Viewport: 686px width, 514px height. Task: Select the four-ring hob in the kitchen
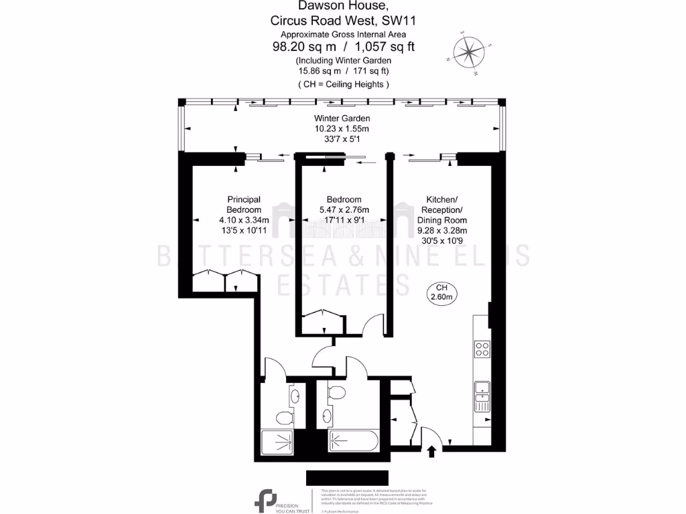[482, 349]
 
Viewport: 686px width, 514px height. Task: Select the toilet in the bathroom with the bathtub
[338, 393]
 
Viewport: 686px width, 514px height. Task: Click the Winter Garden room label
[342, 118]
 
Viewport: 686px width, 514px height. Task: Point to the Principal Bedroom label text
[244, 204]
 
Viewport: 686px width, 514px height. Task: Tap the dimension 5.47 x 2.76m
[344, 209]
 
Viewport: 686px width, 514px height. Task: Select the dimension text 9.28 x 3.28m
[442, 230]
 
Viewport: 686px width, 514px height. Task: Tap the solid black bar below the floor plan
[342, 478]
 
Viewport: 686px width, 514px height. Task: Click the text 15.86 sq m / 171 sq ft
[344, 70]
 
